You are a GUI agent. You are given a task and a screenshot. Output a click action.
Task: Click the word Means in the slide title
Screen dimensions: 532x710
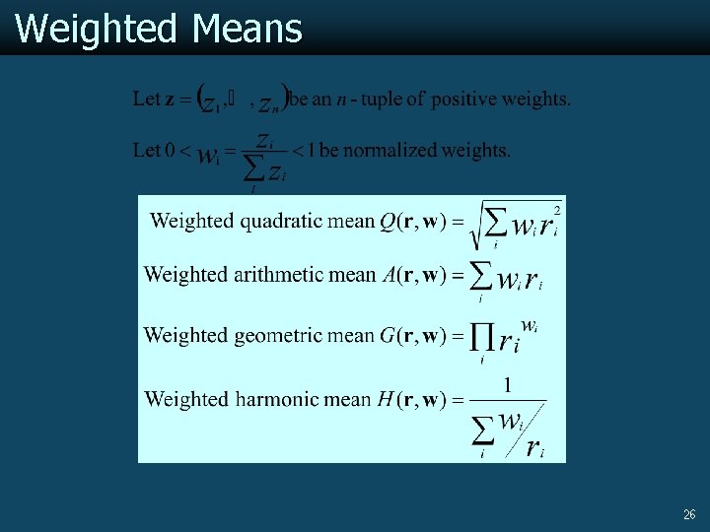pos(248,29)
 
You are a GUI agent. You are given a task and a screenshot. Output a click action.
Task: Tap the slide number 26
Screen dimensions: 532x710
pos(689,514)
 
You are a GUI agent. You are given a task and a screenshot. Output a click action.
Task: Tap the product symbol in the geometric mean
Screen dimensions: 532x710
pos(482,338)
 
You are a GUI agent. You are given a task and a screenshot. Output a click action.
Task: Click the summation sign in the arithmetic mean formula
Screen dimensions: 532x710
pos(480,275)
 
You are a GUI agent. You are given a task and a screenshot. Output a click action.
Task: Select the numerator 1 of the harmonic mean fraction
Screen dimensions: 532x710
pos(507,385)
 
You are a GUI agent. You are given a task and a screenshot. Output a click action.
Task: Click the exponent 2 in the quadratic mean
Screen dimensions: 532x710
pos(557,209)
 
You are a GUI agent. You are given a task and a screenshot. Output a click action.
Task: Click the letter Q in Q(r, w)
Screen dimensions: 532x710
pos(388,222)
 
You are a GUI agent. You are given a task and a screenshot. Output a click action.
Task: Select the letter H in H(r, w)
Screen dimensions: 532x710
pos(386,399)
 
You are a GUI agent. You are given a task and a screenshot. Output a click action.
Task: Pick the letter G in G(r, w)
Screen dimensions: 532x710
pos(388,336)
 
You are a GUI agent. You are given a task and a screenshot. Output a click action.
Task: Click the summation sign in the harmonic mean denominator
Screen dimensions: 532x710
pos(482,431)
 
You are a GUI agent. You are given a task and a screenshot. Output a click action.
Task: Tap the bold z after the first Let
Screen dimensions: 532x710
pos(170,100)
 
